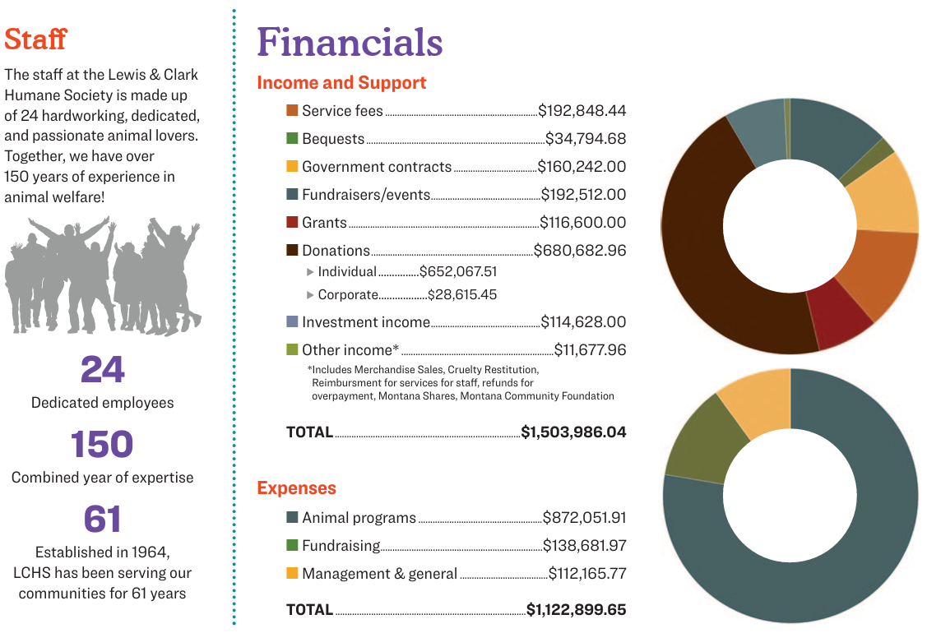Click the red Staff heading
35,39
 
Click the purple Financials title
350,42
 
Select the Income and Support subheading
341,83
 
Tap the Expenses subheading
296,488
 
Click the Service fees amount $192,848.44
582,111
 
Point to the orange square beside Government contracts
292,167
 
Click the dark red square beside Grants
292,223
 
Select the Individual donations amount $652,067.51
457,271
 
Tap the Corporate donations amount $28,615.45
461,294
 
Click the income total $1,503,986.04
573,432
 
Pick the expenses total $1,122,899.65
576,610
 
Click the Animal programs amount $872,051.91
584,518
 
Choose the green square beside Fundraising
292,546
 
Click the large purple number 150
102,445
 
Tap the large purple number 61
102,520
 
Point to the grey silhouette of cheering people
102,275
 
